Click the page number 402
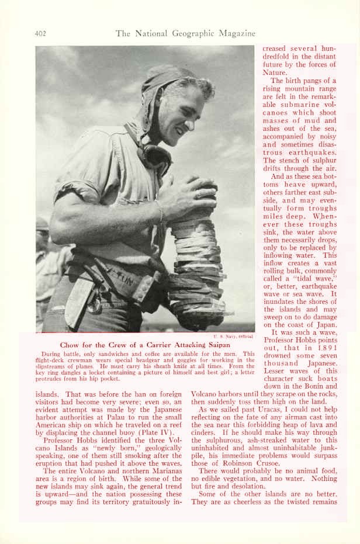(41, 33)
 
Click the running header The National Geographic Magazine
(185, 33)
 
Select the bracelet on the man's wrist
(158, 210)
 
